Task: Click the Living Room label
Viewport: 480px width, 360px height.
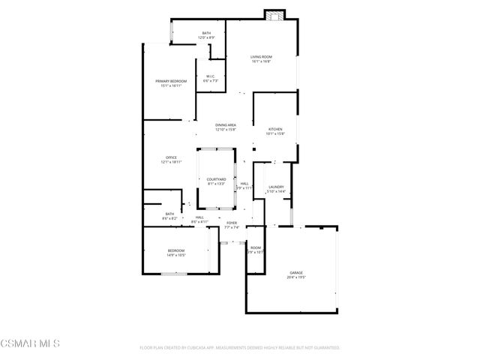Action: coord(261,56)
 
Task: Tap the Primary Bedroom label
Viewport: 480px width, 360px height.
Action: coord(171,81)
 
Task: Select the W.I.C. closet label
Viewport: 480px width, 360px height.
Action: coord(211,76)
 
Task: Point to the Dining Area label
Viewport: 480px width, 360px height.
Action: coord(226,125)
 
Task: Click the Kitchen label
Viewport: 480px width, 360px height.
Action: coord(275,129)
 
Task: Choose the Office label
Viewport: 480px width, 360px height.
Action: coord(171,157)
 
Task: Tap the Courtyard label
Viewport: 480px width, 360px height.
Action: coord(216,179)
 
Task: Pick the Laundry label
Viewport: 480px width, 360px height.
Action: coord(277,187)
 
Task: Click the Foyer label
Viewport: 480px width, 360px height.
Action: coord(232,223)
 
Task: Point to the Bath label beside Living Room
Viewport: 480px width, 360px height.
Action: coord(206,33)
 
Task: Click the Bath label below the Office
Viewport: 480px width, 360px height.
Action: coord(170,214)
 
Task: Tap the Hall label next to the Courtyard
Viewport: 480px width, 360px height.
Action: coord(244,183)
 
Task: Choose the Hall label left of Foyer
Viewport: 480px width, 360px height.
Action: coord(199,217)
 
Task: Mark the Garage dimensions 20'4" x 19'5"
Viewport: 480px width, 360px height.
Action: coord(297,277)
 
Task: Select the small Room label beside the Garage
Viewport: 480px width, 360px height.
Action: coord(256,247)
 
